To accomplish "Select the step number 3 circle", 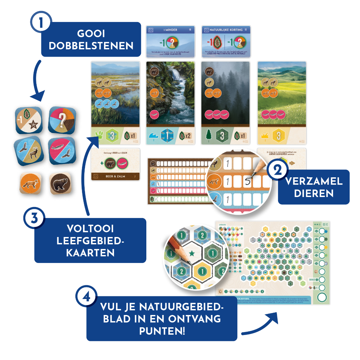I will click(34, 220).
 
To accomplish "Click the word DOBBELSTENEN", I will click(91, 46).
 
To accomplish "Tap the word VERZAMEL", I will click(314, 181).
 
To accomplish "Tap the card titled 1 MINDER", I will click(170, 41).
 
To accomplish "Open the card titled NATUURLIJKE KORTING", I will click(226, 41).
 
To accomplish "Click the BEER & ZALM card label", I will click(115, 176).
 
